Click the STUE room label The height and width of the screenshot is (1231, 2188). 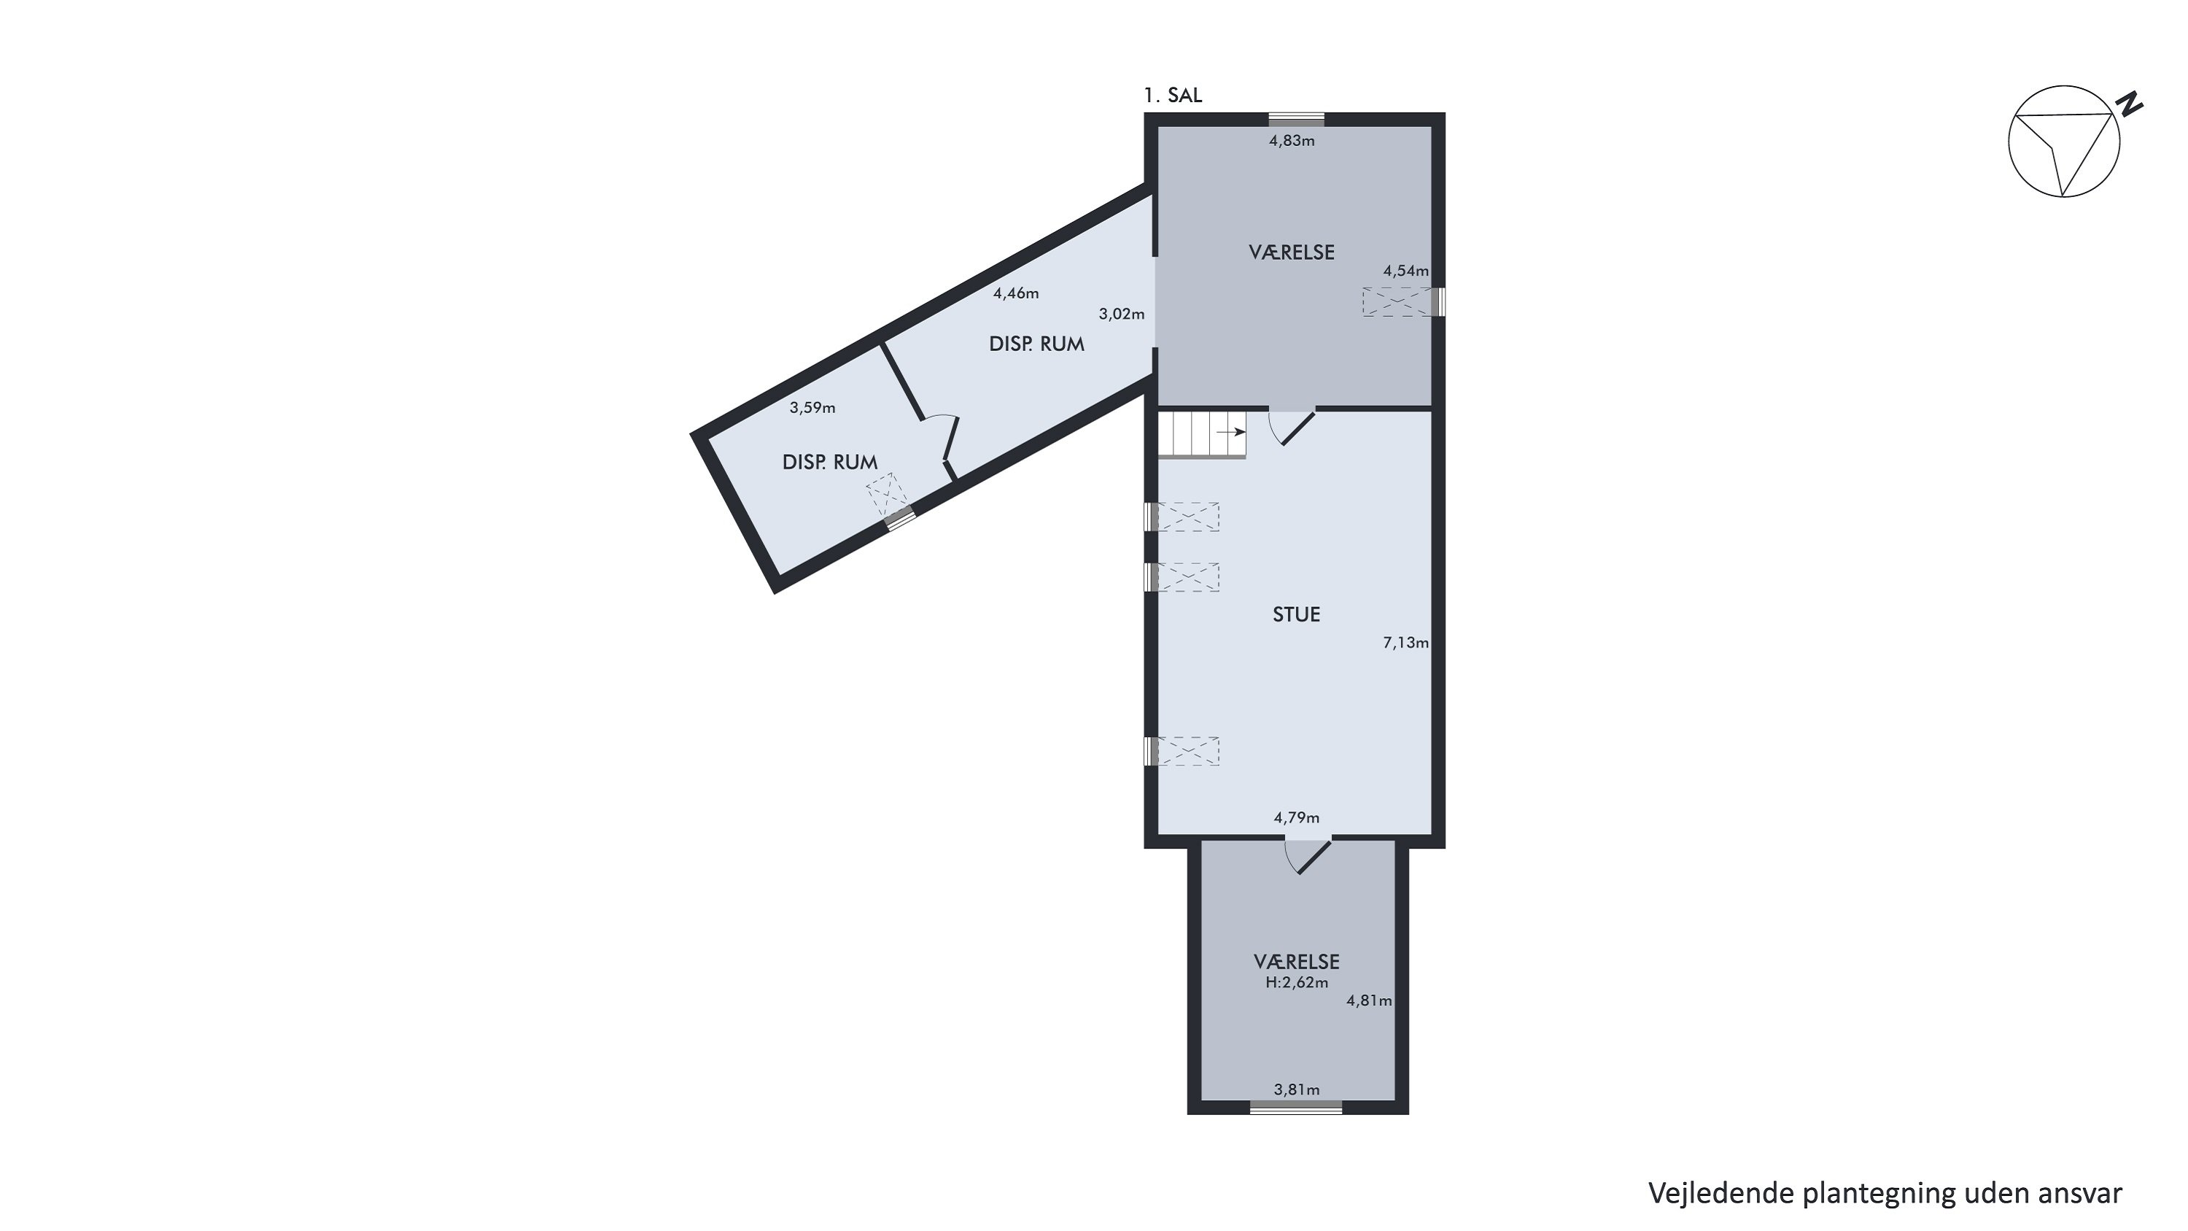point(1296,614)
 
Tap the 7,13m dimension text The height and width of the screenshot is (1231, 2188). point(1405,643)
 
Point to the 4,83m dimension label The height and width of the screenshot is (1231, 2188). point(1292,141)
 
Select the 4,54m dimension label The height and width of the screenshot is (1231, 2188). point(1405,271)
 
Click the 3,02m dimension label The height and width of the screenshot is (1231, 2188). point(1121,314)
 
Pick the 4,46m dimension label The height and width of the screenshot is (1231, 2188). point(1016,294)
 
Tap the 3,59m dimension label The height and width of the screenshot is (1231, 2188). point(812,408)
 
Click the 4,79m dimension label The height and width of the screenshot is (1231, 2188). point(1296,818)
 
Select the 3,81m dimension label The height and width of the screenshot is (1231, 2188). point(1296,1090)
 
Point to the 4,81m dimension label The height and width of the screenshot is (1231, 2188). point(1368,1000)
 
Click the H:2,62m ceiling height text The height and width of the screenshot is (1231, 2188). point(1296,983)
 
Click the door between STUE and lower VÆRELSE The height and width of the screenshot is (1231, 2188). point(1307,858)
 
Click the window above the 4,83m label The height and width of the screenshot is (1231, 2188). point(1296,120)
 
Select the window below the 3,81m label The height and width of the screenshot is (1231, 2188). point(1296,1107)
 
